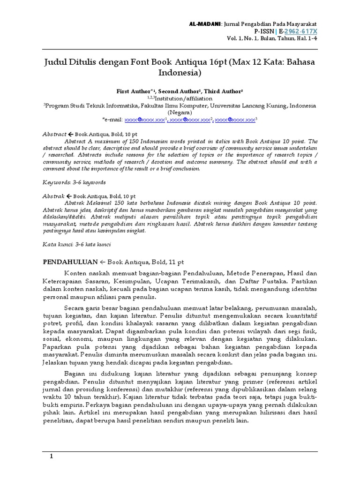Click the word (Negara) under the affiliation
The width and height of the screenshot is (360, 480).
pyautogui.click(x=180, y=113)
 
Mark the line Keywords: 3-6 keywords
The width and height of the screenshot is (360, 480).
pyautogui.click(x=74, y=182)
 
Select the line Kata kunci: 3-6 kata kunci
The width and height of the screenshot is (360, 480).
pyautogui.click(x=77, y=244)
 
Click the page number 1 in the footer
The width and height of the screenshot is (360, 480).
pyautogui.click(x=52, y=457)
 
